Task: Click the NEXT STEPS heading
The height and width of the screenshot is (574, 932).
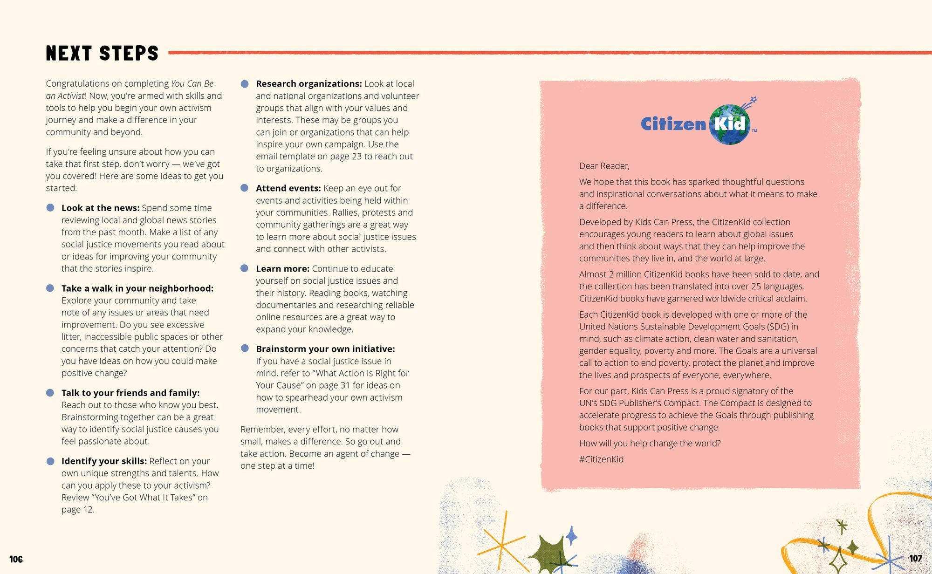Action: click(102, 53)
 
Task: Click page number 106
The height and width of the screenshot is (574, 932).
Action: click(16, 559)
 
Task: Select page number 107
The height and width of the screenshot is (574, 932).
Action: click(915, 558)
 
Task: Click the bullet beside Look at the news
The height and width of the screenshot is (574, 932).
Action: click(50, 208)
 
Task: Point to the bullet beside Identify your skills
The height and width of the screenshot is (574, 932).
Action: click(50, 461)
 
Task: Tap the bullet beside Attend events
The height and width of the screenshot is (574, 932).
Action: click(245, 188)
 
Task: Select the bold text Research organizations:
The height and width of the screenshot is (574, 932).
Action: click(308, 84)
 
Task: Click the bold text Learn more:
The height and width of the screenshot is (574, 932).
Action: click(282, 269)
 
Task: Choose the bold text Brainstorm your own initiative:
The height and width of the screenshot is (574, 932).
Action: click(325, 349)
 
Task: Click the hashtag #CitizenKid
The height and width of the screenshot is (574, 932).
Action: click(601, 459)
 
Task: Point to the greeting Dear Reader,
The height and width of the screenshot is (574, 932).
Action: click(604, 166)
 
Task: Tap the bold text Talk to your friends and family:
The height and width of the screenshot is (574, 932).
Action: click(130, 393)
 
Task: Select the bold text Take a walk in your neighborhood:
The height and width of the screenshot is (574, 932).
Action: click(137, 288)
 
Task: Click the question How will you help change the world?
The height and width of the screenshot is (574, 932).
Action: click(650, 444)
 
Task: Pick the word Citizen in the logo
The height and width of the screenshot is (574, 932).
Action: click(673, 124)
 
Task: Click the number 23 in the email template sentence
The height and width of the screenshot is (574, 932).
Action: click(356, 157)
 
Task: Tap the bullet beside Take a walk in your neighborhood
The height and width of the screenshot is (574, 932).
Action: click(50, 288)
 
